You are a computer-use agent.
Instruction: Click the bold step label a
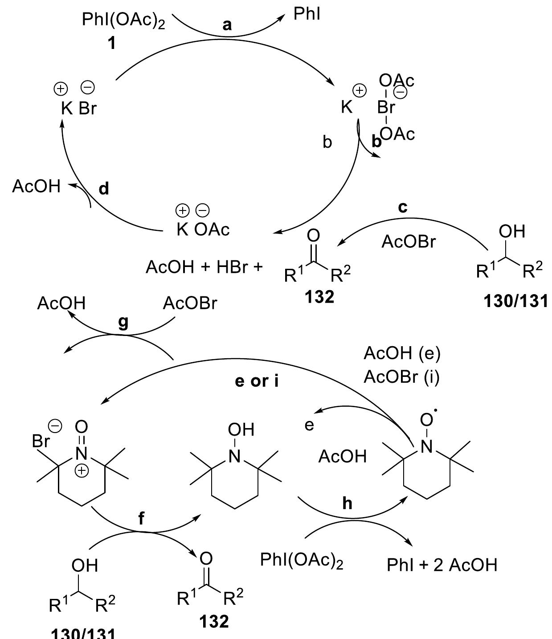click(x=227, y=25)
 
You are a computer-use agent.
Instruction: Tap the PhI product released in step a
click(x=307, y=14)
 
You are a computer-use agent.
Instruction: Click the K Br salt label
click(x=79, y=108)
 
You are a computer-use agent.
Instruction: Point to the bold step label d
click(x=103, y=189)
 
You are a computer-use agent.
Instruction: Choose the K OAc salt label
click(x=203, y=229)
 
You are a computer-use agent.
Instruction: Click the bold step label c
click(x=404, y=208)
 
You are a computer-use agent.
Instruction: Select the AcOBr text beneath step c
click(x=409, y=242)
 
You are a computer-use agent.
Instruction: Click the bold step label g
click(x=123, y=322)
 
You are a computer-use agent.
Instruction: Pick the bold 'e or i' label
click(x=257, y=381)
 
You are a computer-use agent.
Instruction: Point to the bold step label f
click(x=141, y=518)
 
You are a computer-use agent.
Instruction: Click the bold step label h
click(x=347, y=503)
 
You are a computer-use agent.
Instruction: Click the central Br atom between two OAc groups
click(x=386, y=107)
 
